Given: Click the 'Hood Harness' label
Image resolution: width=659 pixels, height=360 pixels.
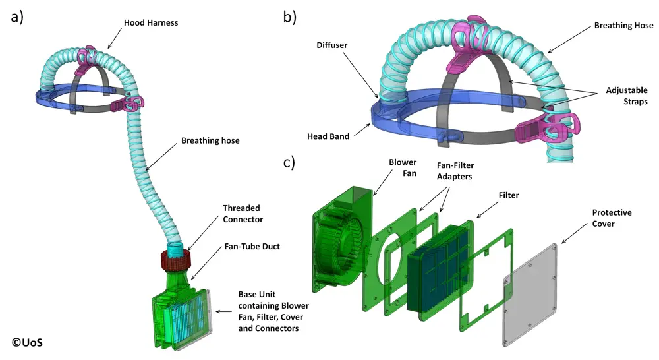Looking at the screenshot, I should [151, 23].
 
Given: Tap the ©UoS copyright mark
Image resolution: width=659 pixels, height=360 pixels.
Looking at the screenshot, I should [30, 342].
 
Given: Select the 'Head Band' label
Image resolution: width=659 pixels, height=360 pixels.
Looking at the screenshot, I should [329, 137].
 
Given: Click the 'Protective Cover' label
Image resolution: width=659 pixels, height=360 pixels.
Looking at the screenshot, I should [612, 218].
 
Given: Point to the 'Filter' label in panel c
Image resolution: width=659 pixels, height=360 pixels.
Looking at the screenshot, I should [508, 195].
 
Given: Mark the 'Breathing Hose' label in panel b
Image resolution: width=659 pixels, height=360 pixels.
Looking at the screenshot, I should [623, 26].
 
